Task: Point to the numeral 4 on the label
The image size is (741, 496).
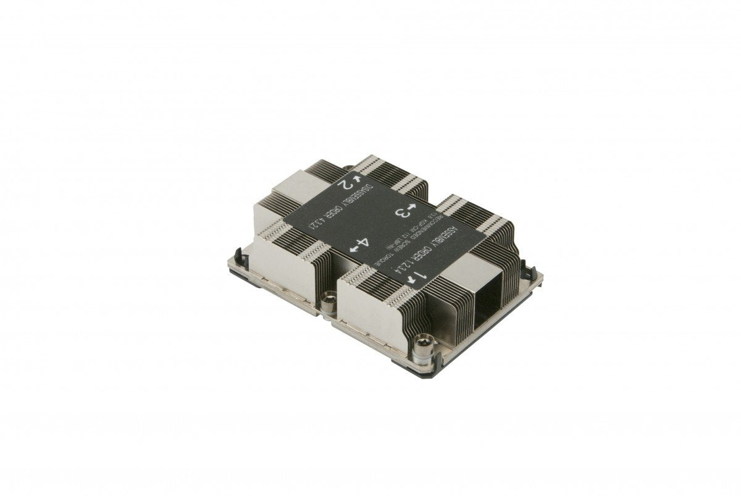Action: click(364, 242)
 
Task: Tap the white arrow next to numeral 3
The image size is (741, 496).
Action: click(414, 205)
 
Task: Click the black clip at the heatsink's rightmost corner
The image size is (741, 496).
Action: click(525, 267)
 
